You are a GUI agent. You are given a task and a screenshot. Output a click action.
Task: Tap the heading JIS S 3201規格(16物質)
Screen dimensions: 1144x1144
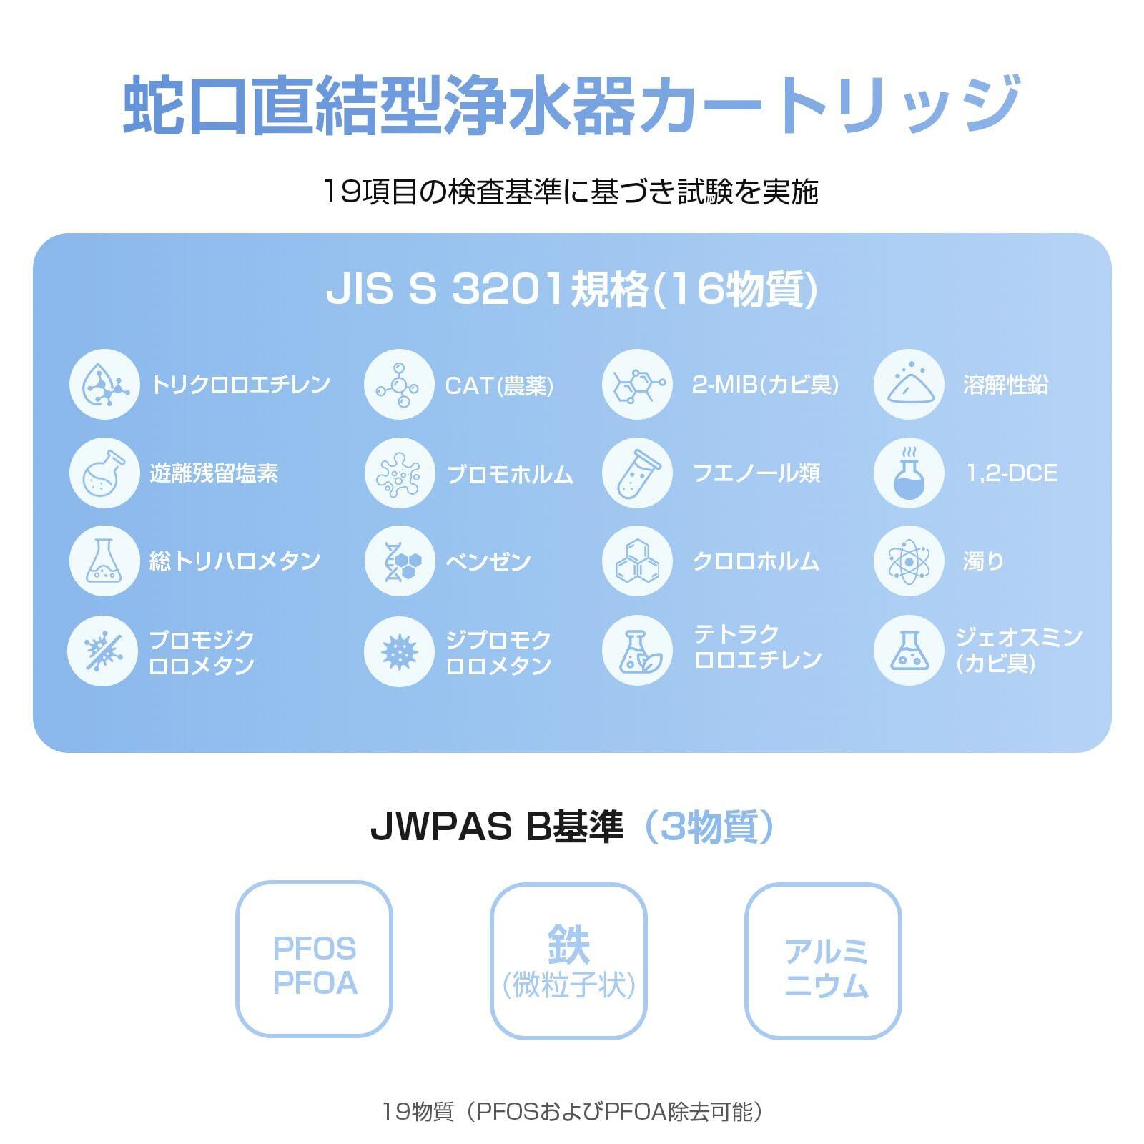coord(572,290)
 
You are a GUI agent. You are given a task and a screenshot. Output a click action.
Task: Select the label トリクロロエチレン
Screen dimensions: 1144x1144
coord(240,385)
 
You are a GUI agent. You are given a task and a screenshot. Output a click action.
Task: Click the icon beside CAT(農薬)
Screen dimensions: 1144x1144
coord(399,385)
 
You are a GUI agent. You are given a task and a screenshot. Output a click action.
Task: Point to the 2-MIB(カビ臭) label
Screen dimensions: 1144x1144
coord(765,385)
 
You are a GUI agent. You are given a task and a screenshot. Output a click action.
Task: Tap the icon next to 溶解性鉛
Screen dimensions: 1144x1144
coord(908,385)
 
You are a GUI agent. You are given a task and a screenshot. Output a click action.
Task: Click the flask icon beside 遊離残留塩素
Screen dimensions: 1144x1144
coord(104,473)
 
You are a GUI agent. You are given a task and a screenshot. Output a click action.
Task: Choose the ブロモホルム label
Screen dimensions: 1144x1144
coord(509,474)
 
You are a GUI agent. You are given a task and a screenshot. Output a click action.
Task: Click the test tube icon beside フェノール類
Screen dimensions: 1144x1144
coord(637,473)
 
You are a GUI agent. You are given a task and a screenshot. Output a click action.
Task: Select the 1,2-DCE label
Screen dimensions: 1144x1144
coord(1011,473)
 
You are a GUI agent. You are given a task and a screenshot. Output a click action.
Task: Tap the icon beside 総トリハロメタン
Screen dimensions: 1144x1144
coord(104,562)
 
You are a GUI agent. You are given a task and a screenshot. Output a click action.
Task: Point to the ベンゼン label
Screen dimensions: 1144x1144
coord(488,562)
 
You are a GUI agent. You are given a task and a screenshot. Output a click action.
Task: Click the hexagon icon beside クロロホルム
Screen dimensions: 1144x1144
coord(637,562)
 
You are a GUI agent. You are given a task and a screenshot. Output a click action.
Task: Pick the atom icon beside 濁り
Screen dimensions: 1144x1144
coord(908,562)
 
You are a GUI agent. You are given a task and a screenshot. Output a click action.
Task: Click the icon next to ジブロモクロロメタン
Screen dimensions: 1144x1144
coord(399,651)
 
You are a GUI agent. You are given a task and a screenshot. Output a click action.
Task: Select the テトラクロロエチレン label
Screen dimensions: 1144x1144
coord(758,647)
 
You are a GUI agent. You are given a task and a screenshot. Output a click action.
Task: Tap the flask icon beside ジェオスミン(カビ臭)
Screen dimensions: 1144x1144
coord(908,651)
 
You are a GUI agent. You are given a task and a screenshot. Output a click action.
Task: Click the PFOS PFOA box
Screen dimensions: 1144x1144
coord(315,959)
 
